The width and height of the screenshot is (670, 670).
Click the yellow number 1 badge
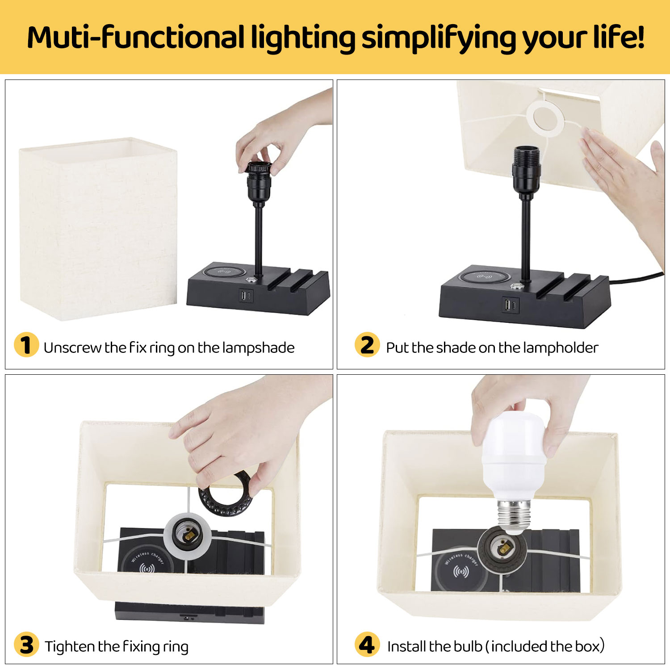pos(26,345)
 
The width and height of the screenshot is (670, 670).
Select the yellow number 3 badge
pos(26,645)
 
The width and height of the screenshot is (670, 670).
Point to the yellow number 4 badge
pos(367,645)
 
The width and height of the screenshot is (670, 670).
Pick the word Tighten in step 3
pos(70,646)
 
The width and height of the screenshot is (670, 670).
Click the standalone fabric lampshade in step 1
pos(98,229)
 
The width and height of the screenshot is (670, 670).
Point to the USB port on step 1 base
pos(246,295)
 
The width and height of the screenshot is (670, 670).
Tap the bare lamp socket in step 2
pos(526,172)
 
